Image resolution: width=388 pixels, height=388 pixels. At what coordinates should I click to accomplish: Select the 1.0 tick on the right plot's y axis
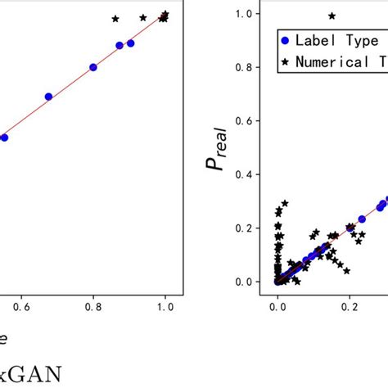click(243, 14)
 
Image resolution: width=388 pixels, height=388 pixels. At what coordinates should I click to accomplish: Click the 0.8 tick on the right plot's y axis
click(243, 67)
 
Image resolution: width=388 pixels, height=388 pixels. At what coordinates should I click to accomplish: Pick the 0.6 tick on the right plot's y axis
click(243, 121)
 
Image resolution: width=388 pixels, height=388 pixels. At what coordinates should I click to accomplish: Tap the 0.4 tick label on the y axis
click(243, 174)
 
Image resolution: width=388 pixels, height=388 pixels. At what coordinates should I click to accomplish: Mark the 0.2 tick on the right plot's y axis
click(243, 228)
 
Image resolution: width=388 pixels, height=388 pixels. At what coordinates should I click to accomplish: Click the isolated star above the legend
click(332, 16)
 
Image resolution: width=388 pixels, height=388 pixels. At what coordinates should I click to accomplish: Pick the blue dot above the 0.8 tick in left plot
click(93, 67)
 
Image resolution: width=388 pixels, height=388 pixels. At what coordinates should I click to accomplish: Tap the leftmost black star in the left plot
click(115, 18)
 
